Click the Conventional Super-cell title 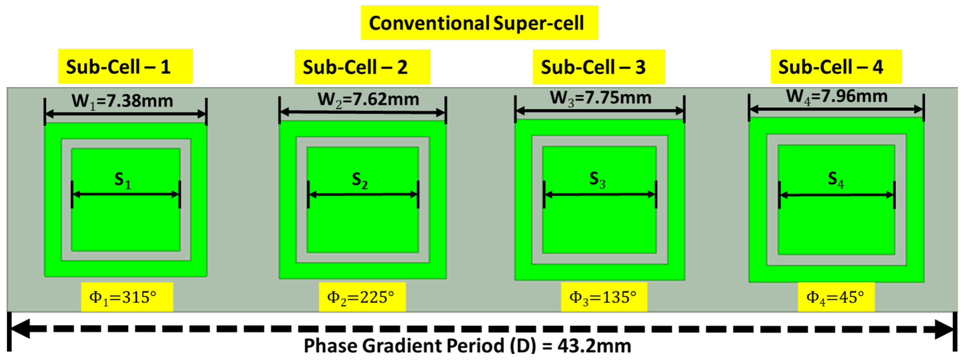click(x=476, y=23)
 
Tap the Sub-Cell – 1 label click(x=119, y=67)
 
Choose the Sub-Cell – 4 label click(x=831, y=67)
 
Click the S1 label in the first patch click(x=123, y=180)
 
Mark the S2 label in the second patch click(x=360, y=180)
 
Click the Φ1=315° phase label click(x=123, y=297)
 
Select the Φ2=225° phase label click(x=361, y=297)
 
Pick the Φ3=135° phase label click(x=603, y=297)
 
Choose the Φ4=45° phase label click(x=835, y=297)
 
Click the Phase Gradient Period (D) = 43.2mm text click(x=467, y=346)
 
